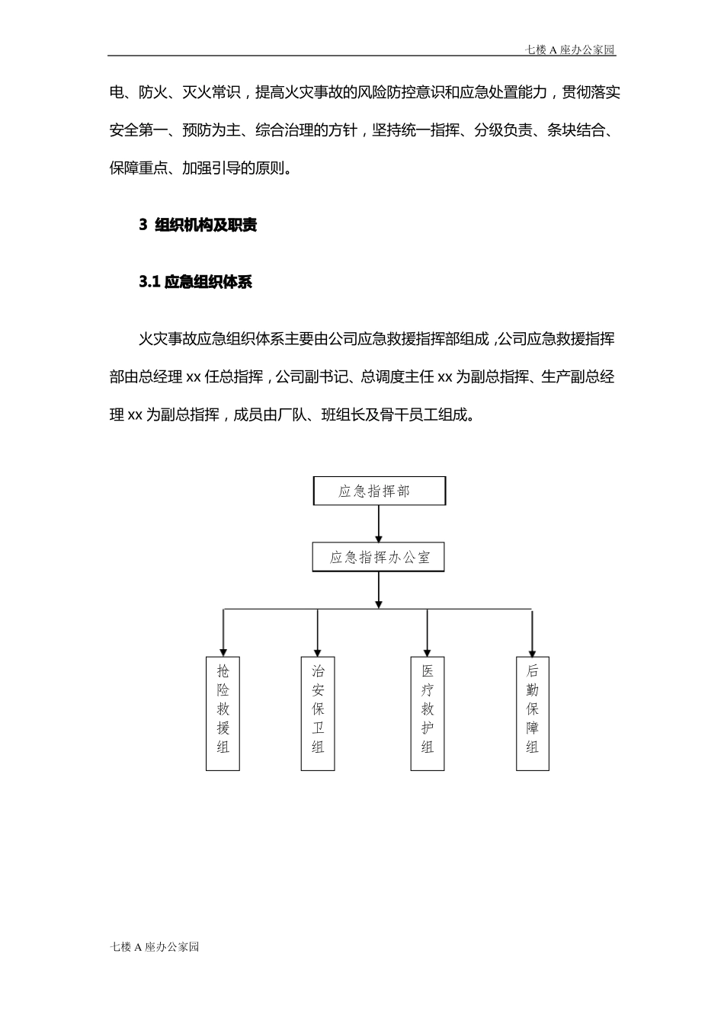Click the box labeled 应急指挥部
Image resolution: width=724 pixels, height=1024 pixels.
(x=379, y=491)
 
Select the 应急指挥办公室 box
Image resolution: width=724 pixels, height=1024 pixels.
(x=379, y=557)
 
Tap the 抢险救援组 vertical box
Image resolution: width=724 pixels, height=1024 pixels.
(x=223, y=713)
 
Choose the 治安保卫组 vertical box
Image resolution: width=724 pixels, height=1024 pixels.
(x=318, y=713)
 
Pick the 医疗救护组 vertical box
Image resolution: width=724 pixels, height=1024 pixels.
(x=428, y=713)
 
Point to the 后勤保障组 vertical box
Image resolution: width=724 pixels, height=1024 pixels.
(x=532, y=713)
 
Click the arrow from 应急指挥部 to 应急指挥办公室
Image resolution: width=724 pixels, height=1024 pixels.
(x=379, y=524)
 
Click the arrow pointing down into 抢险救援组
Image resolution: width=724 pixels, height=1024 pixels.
(x=223, y=632)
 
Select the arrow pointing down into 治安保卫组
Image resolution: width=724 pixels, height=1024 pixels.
(x=318, y=632)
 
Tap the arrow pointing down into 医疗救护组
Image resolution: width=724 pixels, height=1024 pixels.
(x=428, y=632)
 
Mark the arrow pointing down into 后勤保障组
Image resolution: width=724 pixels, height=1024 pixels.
(x=532, y=632)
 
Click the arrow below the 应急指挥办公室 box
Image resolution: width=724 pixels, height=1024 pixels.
(x=379, y=590)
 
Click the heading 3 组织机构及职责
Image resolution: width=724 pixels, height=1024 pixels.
(x=198, y=225)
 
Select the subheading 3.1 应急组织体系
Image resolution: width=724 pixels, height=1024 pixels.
(x=195, y=282)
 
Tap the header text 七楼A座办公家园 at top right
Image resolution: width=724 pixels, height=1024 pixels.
(x=570, y=50)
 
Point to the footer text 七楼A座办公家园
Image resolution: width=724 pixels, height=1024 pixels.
(x=155, y=947)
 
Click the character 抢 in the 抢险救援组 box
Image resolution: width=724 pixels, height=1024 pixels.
(x=223, y=671)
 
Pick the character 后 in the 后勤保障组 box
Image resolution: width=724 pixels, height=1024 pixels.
(x=532, y=671)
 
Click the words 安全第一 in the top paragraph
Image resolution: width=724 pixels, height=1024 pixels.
(x=139, y=130)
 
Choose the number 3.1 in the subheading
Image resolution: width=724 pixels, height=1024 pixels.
(x=149, y=282)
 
